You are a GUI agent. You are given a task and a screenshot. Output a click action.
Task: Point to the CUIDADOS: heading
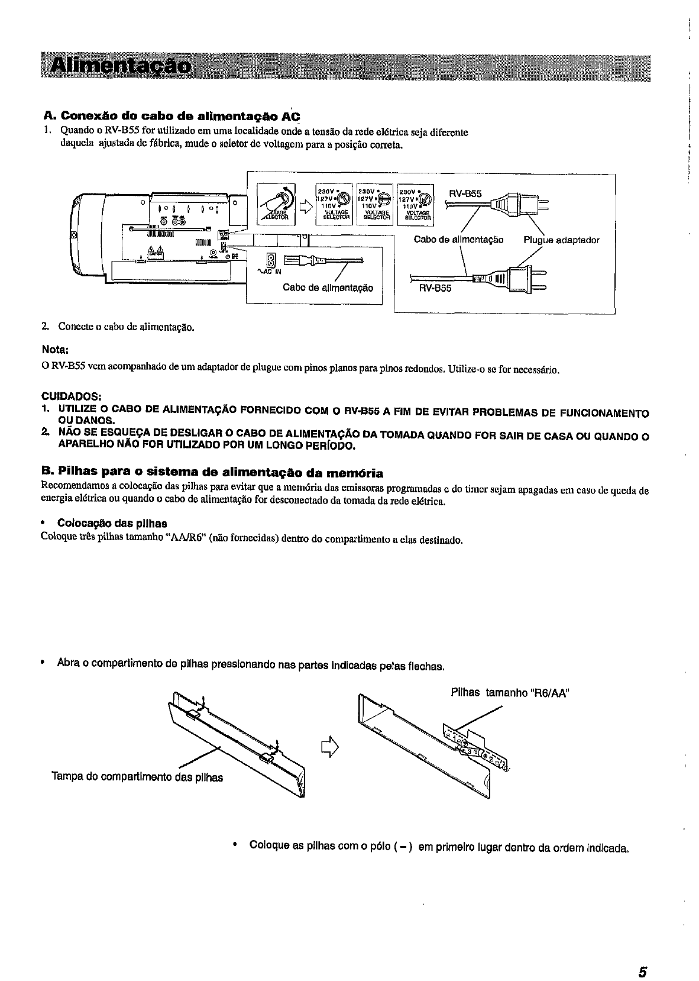tap(72, 396)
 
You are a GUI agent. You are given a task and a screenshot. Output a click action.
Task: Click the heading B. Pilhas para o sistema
tap(212, 473)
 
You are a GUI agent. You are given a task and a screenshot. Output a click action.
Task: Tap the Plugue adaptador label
tap(561, 240)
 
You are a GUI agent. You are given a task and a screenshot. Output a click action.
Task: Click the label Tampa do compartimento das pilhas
tap(137, 777)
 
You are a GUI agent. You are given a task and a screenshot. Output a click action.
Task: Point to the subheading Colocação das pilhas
tap(112, 524)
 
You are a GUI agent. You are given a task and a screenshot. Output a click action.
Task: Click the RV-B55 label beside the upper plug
tap(465, 193)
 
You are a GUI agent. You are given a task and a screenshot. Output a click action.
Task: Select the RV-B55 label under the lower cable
tap(435, 289)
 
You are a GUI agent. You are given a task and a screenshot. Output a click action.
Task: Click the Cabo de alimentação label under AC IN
tap(328, 288)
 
